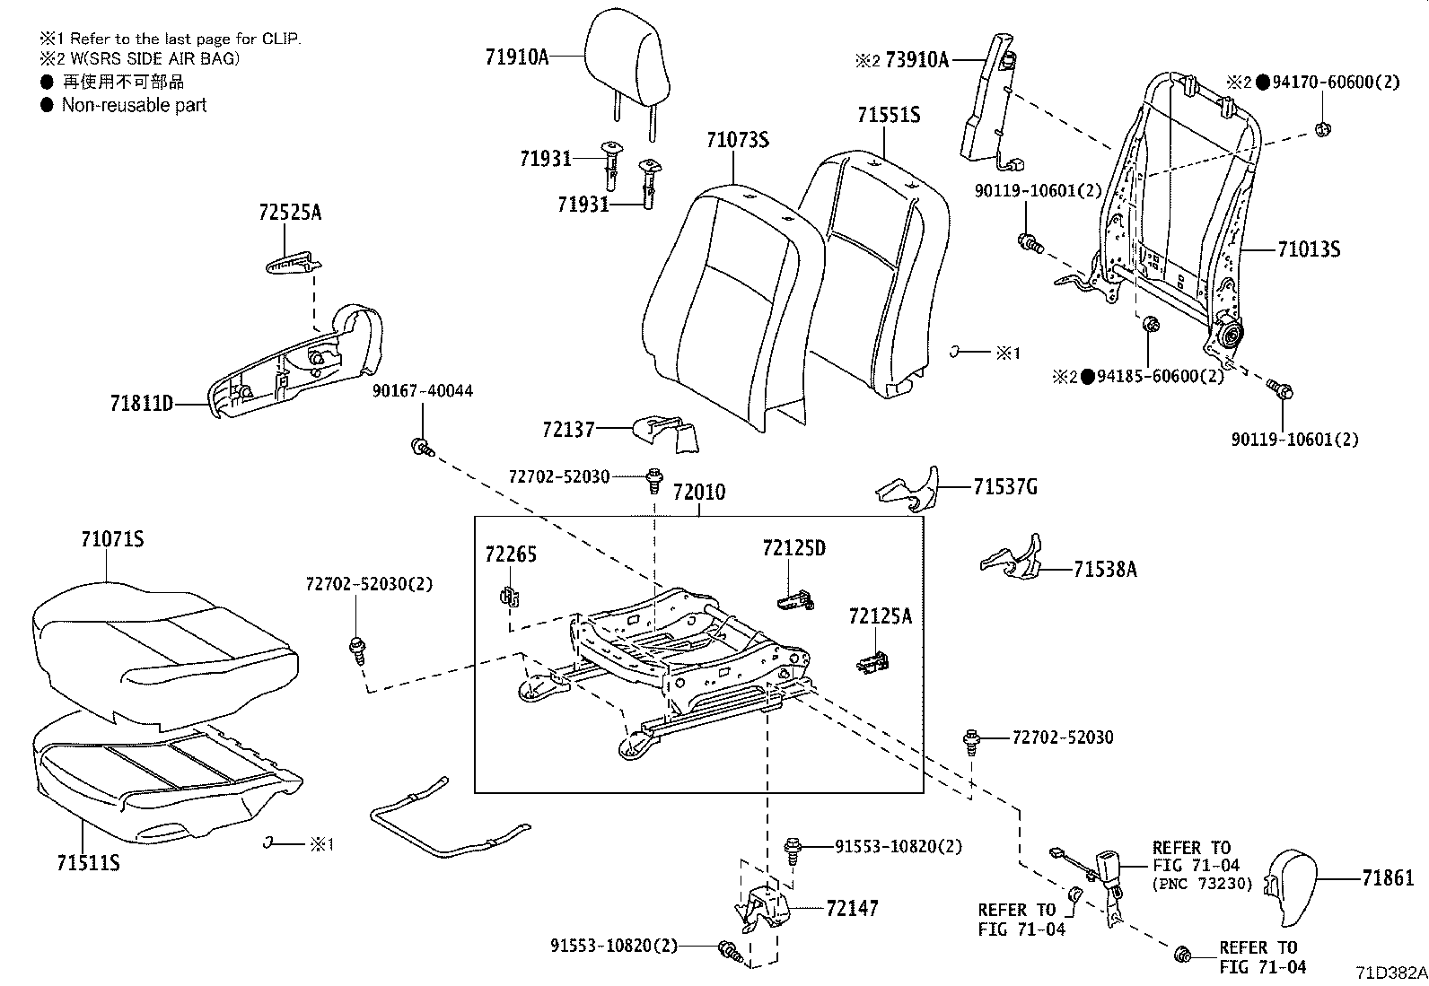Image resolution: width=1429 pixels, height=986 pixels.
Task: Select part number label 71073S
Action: point(737,140)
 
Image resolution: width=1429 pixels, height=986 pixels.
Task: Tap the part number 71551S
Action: point(888,115)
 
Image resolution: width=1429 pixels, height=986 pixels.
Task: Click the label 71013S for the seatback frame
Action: point(1308,249)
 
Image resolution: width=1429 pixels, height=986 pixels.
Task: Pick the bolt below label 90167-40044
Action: point(420,446)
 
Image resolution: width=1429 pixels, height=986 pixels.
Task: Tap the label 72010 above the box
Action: point(699,493)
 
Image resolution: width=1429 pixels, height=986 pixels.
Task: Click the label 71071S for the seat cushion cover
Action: point(112,539)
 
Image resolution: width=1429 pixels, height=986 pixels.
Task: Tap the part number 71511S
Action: point(88,862)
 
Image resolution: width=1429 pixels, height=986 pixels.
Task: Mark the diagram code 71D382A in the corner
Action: point(1390,973)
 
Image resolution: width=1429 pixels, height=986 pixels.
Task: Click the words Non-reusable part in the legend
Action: point(134,105)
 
